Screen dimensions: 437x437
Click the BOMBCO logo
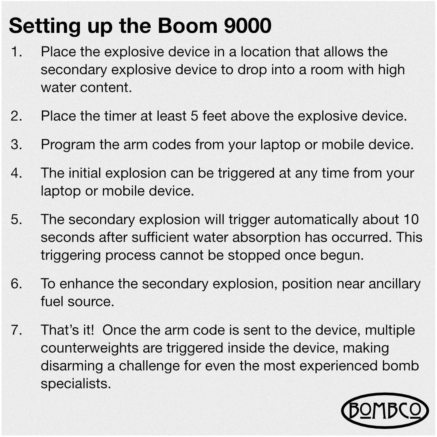pos(385,410)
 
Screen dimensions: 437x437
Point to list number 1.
pos(17,52)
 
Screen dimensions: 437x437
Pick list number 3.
pos(17,145)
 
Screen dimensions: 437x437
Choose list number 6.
pos(17,284)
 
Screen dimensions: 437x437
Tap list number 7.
pos(17,330)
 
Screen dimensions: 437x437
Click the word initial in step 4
pos(85,173)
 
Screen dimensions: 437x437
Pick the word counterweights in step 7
pos(90,348)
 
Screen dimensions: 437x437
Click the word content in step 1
pos(106,87)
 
